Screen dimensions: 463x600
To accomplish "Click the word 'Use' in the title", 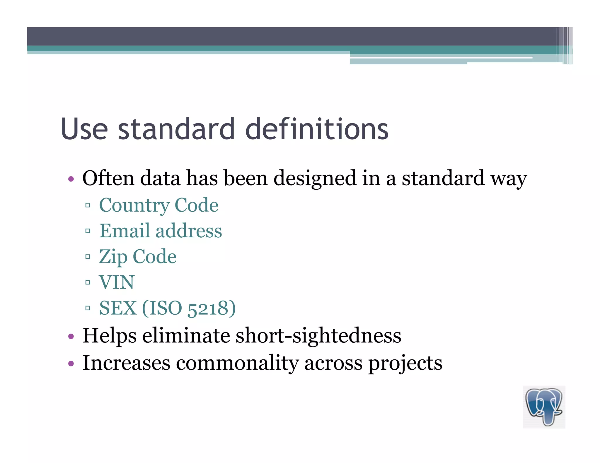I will pyautogui.click(x=84, y=129).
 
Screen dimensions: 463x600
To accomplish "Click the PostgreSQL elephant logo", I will pyautogui.click(x=544, y=407).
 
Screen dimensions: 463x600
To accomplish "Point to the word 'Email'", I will pyautogui.click(x=125, y=231).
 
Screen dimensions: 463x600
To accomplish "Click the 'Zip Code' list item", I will pyautogui.click(x=138, y=257).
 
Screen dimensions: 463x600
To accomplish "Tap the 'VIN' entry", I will pyautogui.click(x=117, y=282).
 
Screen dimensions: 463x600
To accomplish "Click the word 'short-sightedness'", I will pyautogui.click(x=318, y=335).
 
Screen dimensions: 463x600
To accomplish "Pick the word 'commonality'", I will pyautogui.click(x=237, y=363).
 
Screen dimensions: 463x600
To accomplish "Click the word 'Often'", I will pyautogui.click(x=108, y=178).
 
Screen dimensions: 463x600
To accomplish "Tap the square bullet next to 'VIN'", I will pyautogui.click(x=88, y=282).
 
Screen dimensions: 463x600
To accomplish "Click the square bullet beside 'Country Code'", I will pyautogui.click(x=88, y=205).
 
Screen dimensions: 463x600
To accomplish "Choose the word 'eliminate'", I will pyautogui.click(x=186, y=335).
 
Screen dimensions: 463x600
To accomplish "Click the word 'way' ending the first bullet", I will pyautogui.click(x=509, y=179).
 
